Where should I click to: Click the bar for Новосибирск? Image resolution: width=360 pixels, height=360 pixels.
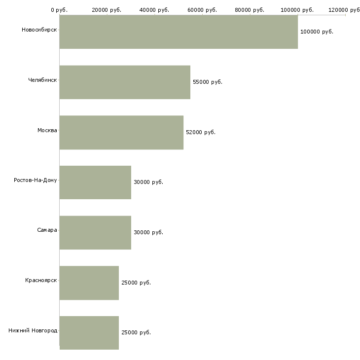point(179,32)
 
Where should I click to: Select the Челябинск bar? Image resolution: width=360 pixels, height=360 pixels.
point(125,82)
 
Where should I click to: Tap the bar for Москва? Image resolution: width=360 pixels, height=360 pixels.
point(121,133)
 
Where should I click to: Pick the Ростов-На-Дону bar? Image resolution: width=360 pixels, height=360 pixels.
point(95,182)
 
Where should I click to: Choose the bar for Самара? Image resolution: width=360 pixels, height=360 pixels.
point(95,233)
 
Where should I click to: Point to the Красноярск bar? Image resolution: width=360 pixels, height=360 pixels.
point(89,283)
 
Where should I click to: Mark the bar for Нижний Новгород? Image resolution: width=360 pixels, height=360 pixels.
point(89,333)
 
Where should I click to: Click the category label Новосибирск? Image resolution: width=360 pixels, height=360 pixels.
point(39,30)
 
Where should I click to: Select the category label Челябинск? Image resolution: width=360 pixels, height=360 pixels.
point(42,80)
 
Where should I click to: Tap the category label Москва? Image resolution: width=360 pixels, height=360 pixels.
point(47,130)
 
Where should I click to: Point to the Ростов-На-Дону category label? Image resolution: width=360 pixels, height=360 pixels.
point(36,180)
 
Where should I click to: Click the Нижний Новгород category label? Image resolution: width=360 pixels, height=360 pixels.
point(33,330)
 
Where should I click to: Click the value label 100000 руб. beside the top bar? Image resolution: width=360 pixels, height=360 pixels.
point(317,32)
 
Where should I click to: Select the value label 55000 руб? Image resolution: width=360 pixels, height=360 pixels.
point(208,82)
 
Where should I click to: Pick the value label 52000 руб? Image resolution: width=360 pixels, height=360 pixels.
point(201,132)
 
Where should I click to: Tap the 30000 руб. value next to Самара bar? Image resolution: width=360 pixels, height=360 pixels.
point(148,232)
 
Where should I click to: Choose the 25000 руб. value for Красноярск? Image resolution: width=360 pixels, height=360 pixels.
point(136,283)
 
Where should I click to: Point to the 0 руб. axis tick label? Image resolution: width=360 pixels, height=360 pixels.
point(59,10)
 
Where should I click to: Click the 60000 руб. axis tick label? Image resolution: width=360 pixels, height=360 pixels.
point(202,10)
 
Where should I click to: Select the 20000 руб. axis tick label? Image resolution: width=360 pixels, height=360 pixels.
point(107,10)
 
